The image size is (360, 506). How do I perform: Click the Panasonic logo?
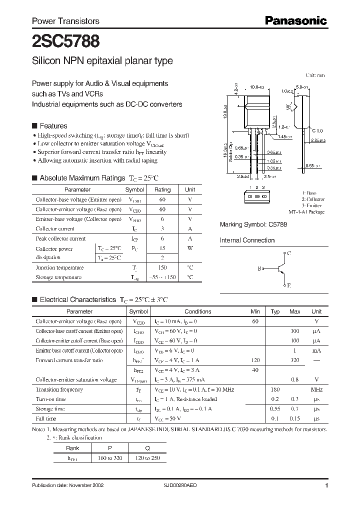click(295, 20)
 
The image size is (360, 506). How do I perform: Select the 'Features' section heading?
click(53, 126)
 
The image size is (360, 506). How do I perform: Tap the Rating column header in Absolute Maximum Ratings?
click(162, 190)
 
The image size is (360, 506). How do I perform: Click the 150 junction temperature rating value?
click(162, 268)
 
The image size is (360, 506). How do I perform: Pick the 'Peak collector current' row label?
click(60, 238)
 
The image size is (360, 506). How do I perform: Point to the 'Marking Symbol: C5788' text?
click(253, 225)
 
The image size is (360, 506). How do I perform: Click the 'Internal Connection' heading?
click(247, 240)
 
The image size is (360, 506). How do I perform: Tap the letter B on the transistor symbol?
click(259, 269)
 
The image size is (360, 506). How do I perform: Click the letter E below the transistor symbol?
click(288, 285)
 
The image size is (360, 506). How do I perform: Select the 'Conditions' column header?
click(198, 311)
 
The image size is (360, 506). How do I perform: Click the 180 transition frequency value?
click(274, 389)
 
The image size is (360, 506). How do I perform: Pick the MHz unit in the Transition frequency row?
click(316, 389)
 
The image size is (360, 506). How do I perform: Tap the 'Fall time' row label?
click(45, 418)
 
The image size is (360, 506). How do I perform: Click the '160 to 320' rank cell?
click(110, 457)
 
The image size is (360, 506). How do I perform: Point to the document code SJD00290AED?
click(181, 485)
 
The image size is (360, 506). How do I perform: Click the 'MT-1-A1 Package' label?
click(306, 212)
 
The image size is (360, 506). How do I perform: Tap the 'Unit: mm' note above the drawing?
click(315, 75)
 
